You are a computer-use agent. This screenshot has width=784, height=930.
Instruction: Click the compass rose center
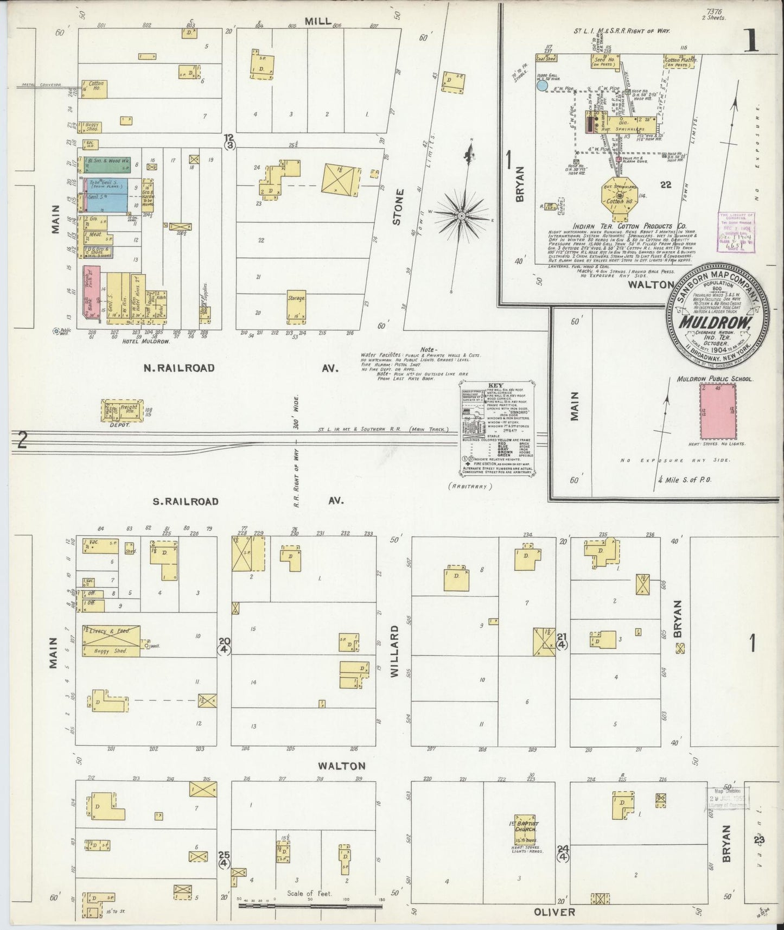[461, 216]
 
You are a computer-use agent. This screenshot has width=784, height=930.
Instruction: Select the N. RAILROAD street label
[179, 368]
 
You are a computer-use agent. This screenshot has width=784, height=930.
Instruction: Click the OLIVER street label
[554, 912]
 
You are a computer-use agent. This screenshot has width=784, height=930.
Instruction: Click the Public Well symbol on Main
[56, 331]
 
